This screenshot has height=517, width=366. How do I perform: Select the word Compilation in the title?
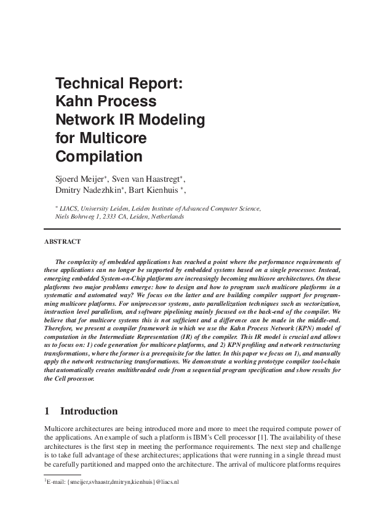99,155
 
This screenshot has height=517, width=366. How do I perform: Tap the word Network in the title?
87,119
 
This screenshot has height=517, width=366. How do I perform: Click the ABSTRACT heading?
62,241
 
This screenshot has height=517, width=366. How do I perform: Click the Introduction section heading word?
89,411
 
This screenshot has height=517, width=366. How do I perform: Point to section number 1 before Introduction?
47,411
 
